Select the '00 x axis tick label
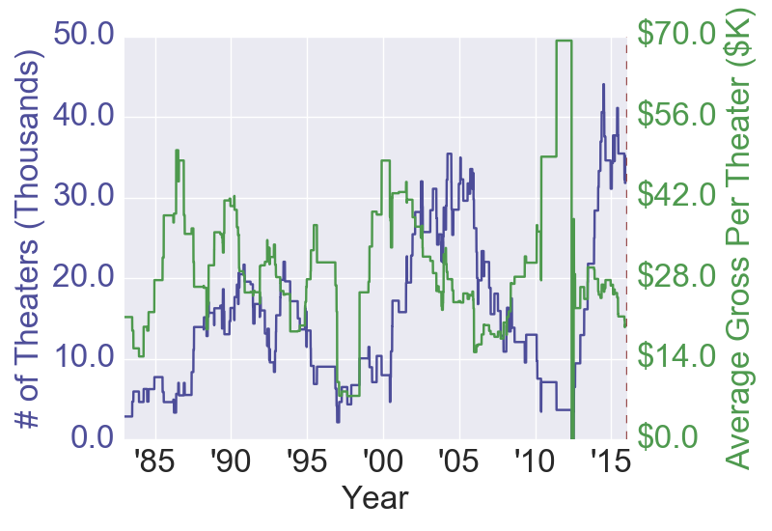[382, 460]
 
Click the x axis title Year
[375, 499]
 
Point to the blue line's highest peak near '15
[603, 85]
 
